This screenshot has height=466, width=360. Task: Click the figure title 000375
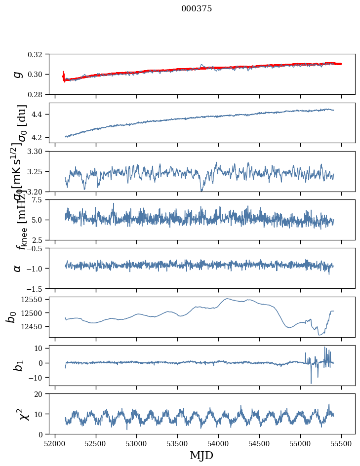(x=197, y=9)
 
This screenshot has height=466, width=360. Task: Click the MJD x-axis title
(x=201, y=456)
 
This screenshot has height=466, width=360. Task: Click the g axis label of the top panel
(x=17, y=74)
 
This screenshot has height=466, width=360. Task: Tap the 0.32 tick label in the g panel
(x=38, y=54)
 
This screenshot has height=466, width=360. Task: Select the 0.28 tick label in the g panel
(x=38, y=94)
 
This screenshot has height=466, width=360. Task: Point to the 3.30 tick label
(x=38, y=151)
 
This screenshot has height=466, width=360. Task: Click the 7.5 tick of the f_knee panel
(x=40, y=199)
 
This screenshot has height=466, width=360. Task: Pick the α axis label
(x=17, y=268)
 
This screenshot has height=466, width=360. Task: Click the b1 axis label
(x=17, y=365)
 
